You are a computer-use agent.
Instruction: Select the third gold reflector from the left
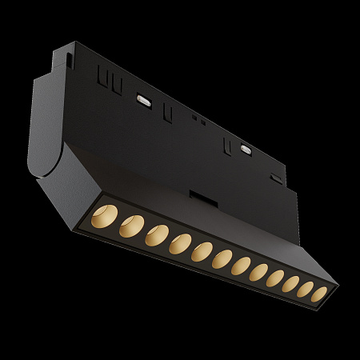155,235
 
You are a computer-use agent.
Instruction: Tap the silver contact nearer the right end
245,148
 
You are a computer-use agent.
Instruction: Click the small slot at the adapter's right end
276,178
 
